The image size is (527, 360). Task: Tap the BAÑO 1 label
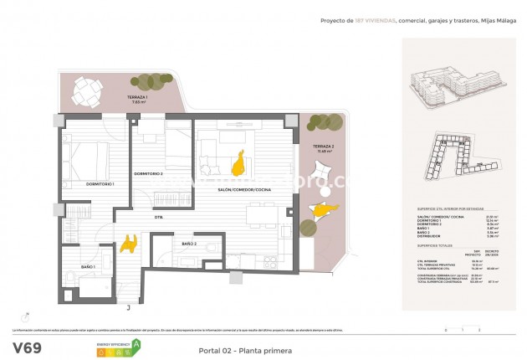(88, 266)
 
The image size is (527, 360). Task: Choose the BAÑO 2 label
(188, 244)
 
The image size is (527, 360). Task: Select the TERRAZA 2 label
(324, 147)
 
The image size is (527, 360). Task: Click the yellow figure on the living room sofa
(239, 162)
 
